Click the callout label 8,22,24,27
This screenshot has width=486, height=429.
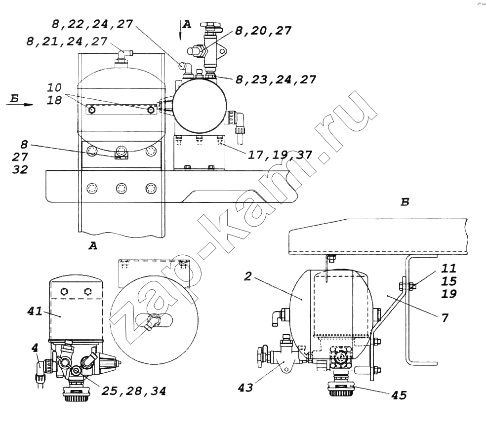point(92,24)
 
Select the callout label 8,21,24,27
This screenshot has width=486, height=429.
point(67,41)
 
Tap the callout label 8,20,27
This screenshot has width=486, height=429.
point(263,30)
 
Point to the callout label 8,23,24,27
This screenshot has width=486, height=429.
point(276,79)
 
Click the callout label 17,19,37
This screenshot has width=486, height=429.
point(280,154)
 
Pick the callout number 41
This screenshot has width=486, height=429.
point(35,311)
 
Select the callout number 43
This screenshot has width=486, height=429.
point(245,388)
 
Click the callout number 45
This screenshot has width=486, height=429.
point(399,395)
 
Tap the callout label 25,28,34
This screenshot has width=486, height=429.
point(133,391)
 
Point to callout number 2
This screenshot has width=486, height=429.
point(247,276)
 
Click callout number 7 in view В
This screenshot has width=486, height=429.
point(445,317)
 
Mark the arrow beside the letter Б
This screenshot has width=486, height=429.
point(20,104)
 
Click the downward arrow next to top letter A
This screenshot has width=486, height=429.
point(180,30)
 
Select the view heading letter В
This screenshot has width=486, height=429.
point(405,202)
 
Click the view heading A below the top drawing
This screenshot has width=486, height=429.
point(93,246)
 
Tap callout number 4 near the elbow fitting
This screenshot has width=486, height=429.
point(35,348)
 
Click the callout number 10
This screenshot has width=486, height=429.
point(54,87)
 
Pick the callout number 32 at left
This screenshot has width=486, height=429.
point(20,169)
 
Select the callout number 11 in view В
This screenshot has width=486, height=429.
point(449,268)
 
